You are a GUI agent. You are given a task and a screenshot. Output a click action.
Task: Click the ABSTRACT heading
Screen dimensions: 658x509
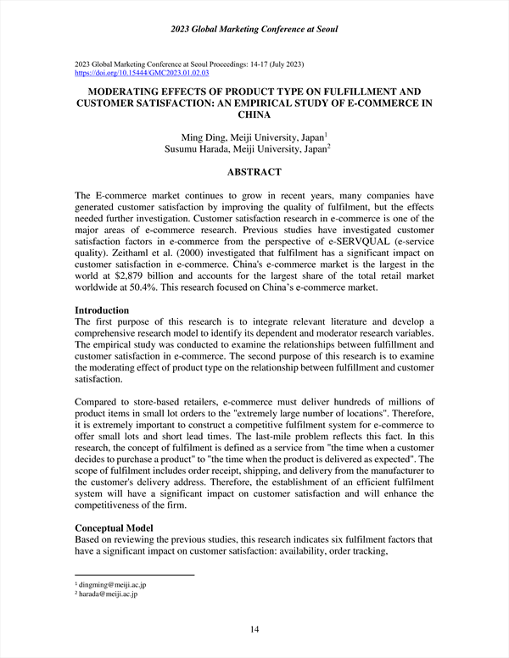coord(255,172)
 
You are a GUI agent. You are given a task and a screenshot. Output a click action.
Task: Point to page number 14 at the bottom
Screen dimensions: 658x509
coord(255,628)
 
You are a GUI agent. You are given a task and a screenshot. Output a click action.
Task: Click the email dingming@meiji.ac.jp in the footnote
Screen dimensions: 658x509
coord(112,585)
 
